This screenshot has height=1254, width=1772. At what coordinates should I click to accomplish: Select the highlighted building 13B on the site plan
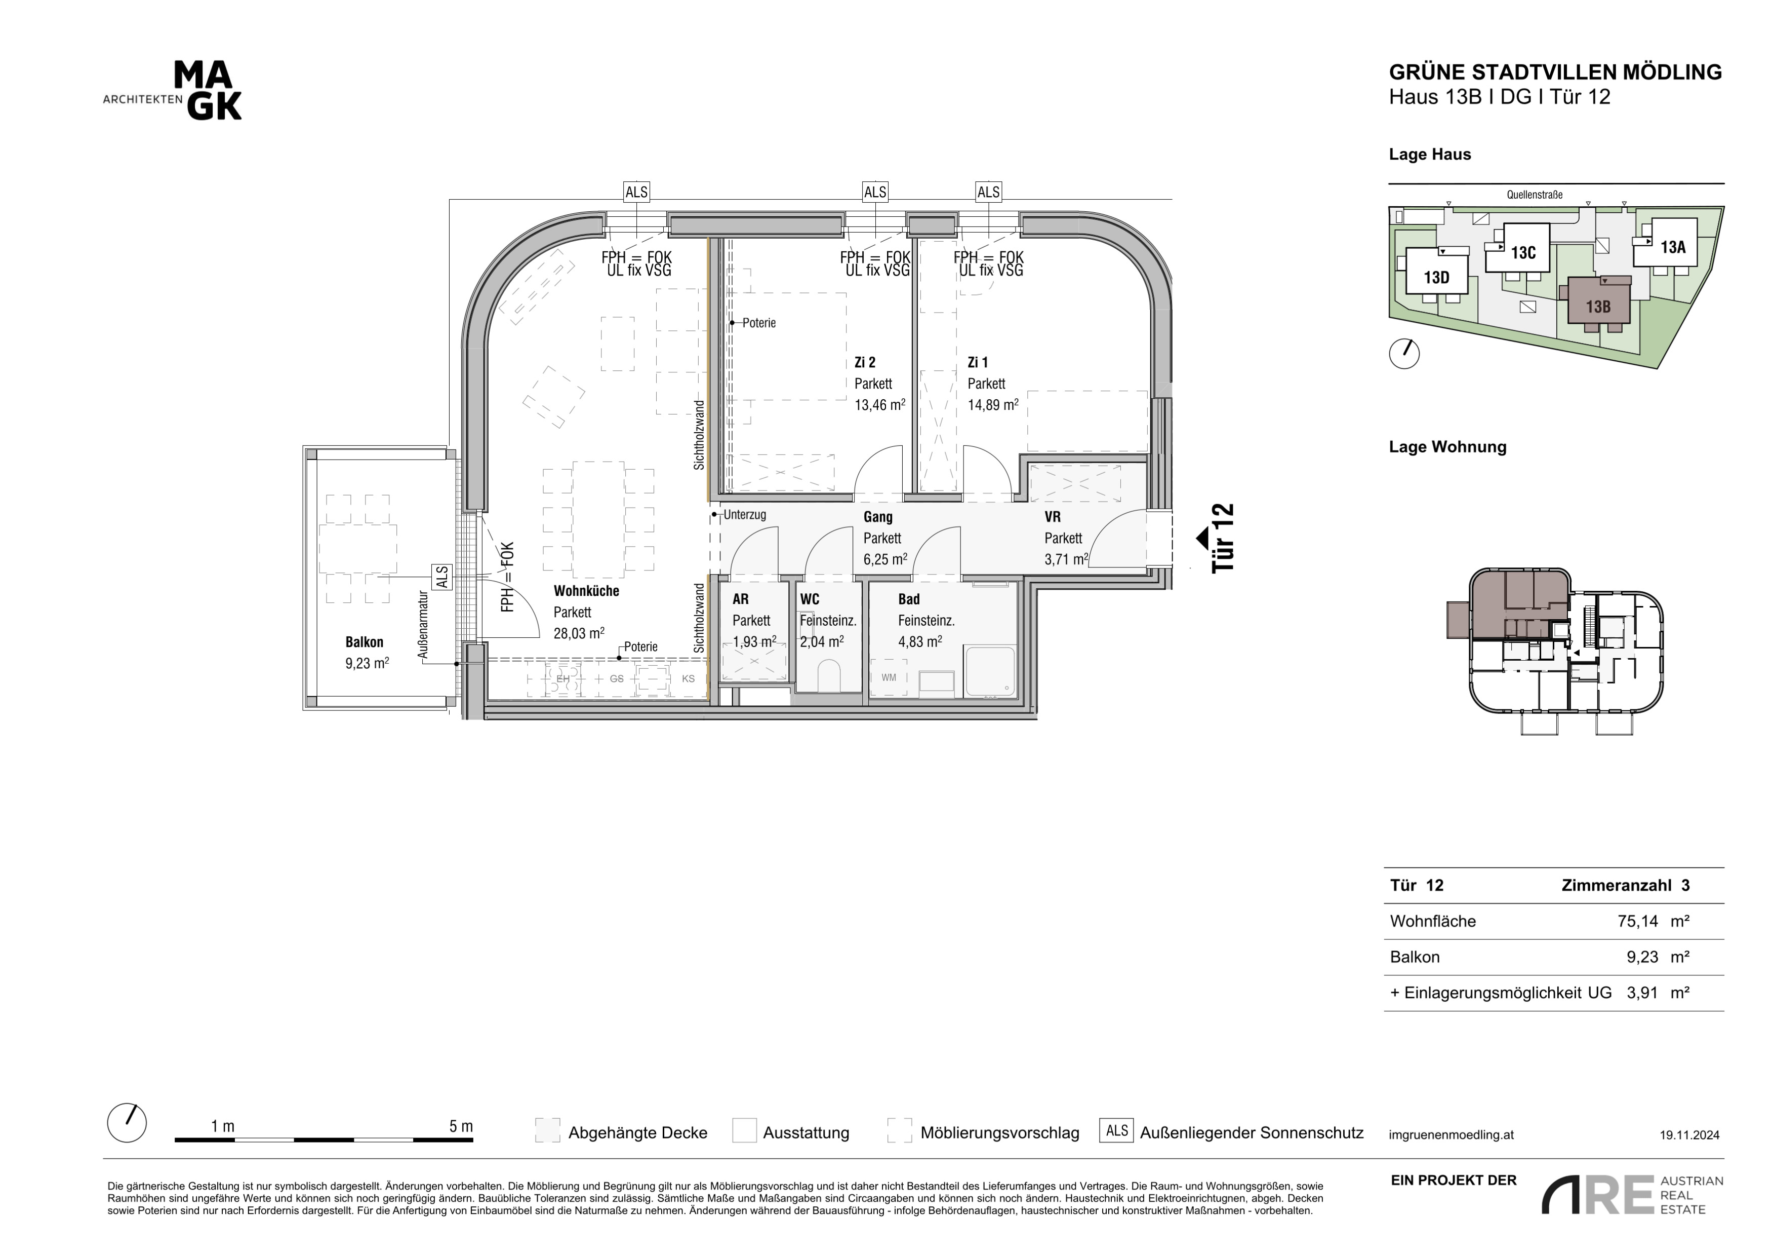pyautogui.click(x=1597, y=302)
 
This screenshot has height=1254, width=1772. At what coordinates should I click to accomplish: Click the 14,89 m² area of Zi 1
pyautogui.click(x=992, y=405)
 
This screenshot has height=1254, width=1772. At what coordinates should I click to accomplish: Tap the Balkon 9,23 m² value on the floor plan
pyautogui.click(x=367, y=663)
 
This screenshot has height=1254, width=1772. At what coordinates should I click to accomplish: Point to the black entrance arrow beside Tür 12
pyautogui.click(x=1201, y=538)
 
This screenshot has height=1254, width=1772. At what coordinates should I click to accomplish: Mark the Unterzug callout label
pyautogui.click(x=744, y=514)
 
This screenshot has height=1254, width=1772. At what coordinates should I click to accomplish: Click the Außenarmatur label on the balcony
pyautogui.click(x=422, y=625)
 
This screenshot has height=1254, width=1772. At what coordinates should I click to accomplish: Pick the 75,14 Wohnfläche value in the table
pyautogui.click(x=1638, y=921)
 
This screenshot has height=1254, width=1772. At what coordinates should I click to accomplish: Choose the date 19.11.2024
pyautogui.click(x=1689, y=1135)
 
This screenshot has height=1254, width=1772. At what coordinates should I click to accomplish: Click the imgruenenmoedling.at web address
pyautogui.click(x=1451, y=1135)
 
